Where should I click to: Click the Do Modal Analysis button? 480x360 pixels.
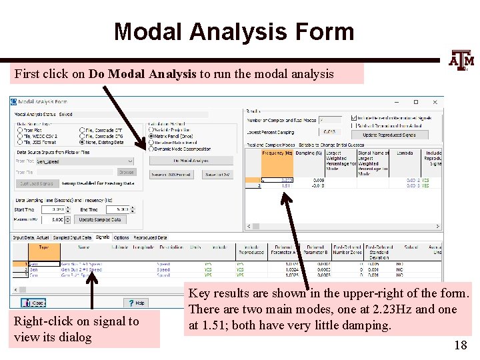tap(191, 161)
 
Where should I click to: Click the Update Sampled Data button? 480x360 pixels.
tap(100, 219)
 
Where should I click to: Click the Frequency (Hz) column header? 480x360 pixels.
tap(277, 153)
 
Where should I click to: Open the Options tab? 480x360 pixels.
tap(121, 237)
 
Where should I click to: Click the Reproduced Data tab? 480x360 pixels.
tap(150, 237)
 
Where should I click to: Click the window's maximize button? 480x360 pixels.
tap(415, 102)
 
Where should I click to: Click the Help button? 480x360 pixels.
tap(137, 303)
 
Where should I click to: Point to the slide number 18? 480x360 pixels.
tap(460, 345)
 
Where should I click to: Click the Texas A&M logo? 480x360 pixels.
tap(461, 60)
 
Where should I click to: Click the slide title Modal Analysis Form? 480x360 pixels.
tap(233, 31)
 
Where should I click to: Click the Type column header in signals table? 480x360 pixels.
tap(43, 247)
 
